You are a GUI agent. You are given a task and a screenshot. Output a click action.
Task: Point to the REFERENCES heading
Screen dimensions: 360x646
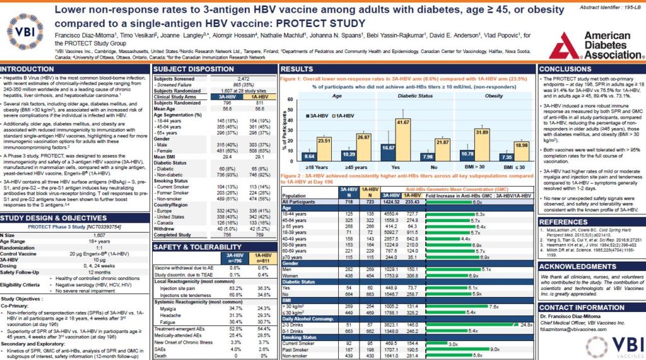click(x=563, y=222)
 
